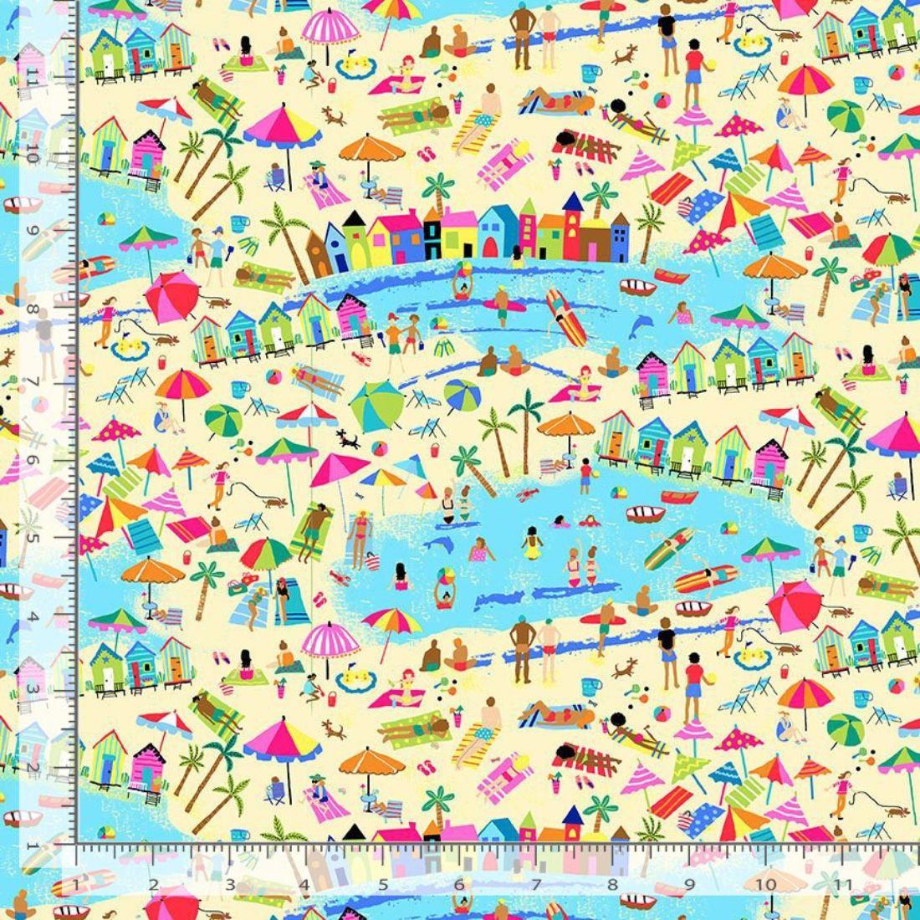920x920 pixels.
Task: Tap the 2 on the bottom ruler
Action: click(153, 884)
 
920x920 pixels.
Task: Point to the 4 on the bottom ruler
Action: click(305, 884)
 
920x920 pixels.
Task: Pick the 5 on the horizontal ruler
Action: click(383, 884)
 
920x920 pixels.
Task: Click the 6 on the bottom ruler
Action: click(459, 884)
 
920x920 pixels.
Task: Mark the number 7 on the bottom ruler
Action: click(535, 884)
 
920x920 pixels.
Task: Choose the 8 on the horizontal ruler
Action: click(612, 884)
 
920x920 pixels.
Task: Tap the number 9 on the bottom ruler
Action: click(689, 884)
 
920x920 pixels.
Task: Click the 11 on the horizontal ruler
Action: click(842, 884)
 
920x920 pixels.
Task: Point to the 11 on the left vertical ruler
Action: click(33, 78)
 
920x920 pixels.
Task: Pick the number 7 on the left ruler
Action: click(33, 383)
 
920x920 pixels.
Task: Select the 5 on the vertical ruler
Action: click(33, 536)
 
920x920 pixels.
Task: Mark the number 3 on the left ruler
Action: click(33, 689)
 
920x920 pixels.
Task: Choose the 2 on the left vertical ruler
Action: click(33, 766)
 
